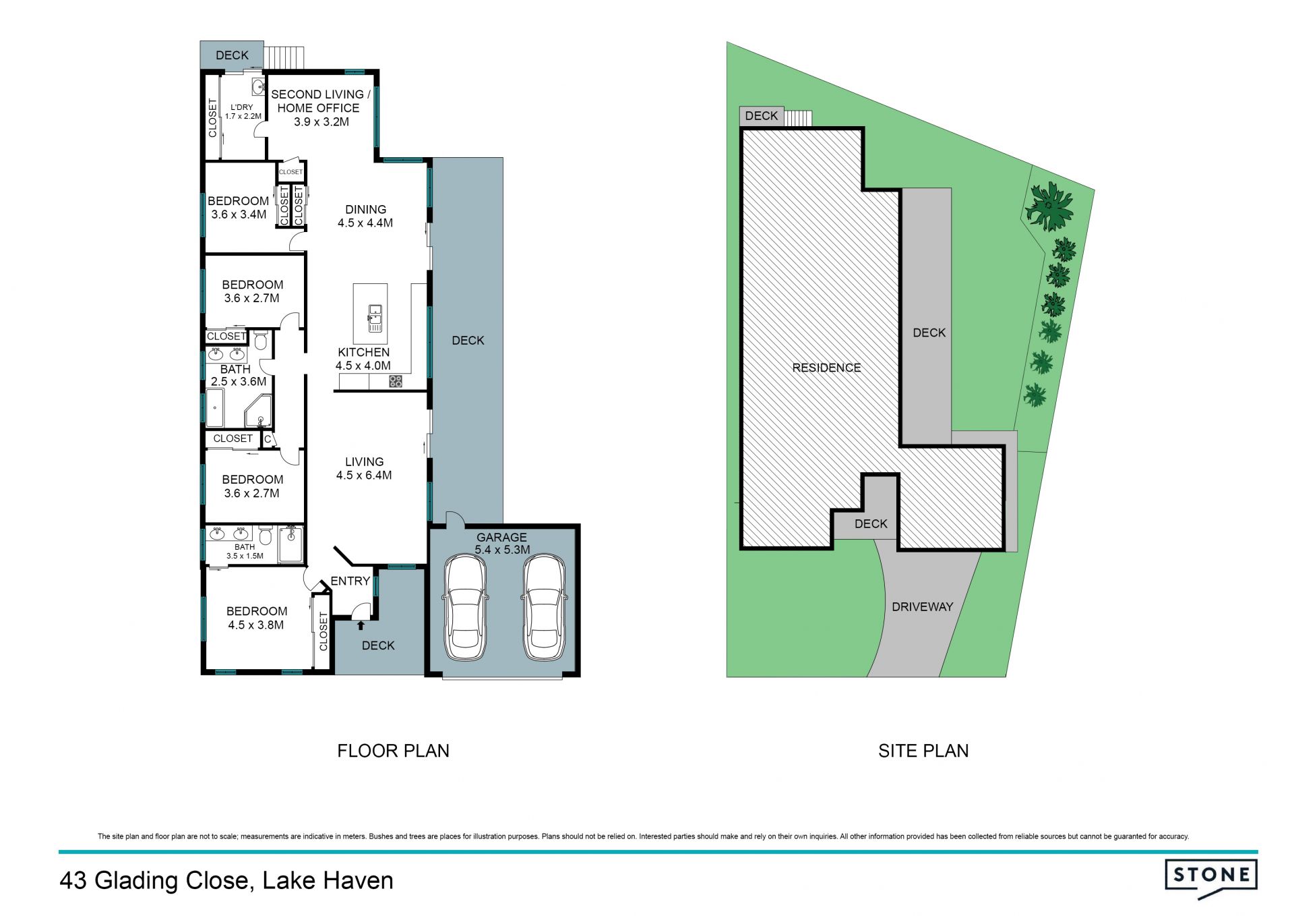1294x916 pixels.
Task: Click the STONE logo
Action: click(1211, 878)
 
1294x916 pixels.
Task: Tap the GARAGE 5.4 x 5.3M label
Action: click(502, 544)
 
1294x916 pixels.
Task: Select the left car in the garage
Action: click(465, 608)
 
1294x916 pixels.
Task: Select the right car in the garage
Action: click(545, 608)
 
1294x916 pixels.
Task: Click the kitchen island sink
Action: click(375, 318)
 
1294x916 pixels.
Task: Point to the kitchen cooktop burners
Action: click(396, 382)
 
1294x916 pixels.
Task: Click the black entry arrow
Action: click(361, 625)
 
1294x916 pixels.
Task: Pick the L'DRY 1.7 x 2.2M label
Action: click(243, 112)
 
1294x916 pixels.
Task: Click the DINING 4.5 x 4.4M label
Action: click(365, 216)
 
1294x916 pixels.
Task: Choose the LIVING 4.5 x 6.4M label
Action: click(364, 468)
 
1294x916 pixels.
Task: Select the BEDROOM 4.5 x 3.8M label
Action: click(256, 618)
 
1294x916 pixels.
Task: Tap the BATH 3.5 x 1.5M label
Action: click(245, 552)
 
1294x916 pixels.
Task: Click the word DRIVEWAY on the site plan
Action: click(922, 607)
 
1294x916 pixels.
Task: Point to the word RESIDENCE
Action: click(826, 368)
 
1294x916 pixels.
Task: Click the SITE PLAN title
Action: click(923, 751)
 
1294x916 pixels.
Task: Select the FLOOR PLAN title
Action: click(393, 751)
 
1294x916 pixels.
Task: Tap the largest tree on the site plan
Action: click(1049, 206)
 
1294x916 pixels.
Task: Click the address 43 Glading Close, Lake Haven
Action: click(226, 881)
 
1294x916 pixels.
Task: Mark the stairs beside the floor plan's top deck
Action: click(284, 57)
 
